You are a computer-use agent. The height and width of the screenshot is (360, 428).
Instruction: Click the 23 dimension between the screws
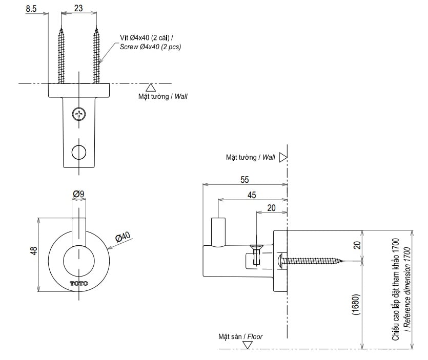pos(78,9)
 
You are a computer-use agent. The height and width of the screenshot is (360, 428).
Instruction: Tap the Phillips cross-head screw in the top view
pos(79,114)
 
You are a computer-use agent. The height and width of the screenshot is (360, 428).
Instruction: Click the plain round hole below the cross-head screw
pos(79,152)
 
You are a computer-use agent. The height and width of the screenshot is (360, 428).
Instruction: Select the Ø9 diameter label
pos(78,194)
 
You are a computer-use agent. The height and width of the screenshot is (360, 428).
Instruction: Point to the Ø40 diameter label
pos(124,238)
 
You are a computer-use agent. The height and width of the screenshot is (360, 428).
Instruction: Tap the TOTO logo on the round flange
pos(79,283)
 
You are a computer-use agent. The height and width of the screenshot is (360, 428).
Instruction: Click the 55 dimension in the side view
pos(244,179)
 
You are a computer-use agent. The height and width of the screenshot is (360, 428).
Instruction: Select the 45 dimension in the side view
pos(252,195)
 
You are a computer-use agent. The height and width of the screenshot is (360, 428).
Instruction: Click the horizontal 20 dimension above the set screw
pos(271,207)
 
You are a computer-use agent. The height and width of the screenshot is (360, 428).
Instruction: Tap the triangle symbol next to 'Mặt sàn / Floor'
pos(248,345)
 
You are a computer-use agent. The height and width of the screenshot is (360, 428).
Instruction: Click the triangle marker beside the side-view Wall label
pos(282,158)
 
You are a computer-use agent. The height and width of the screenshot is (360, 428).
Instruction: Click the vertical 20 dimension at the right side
pos(357,245)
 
